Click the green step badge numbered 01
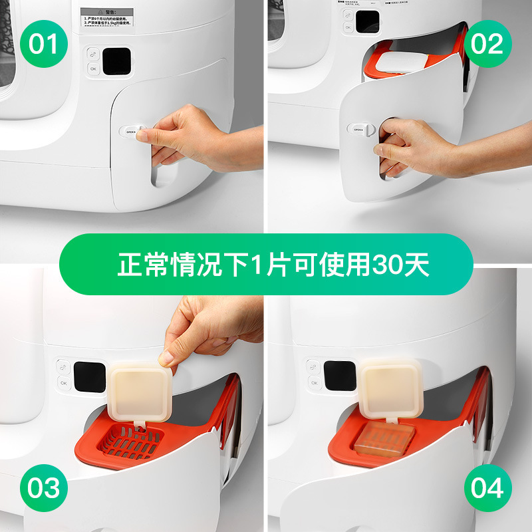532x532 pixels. click(45, 45)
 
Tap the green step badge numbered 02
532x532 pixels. click(487, 45)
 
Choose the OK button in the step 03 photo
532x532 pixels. click(63, 383)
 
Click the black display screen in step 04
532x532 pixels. click(341, 376)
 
